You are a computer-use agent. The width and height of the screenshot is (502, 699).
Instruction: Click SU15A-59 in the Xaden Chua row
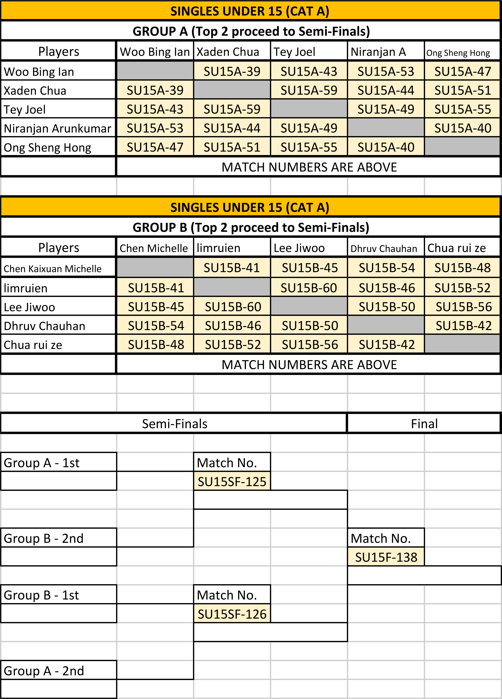(x=309, y=90)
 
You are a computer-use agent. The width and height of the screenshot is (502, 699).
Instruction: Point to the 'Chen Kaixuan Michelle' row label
(x=52, y=269)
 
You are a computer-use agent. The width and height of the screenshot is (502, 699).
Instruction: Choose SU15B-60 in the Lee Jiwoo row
(x=233, y=307)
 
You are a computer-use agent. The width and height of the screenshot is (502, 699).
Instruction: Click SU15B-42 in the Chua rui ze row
(x=387, y=345)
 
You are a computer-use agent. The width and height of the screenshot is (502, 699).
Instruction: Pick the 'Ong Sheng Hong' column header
(x=458, y=53)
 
